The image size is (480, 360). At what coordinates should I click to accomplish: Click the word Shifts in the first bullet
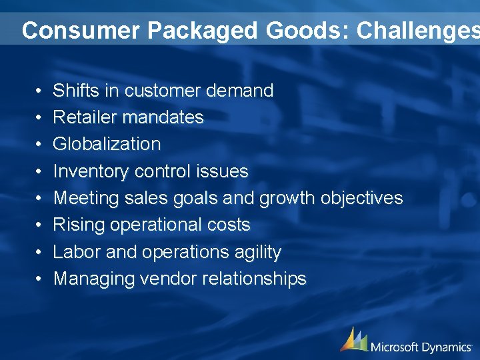[70, 91]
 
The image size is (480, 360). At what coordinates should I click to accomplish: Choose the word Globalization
[107, 144]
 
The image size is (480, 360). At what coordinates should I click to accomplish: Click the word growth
[287, 199]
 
